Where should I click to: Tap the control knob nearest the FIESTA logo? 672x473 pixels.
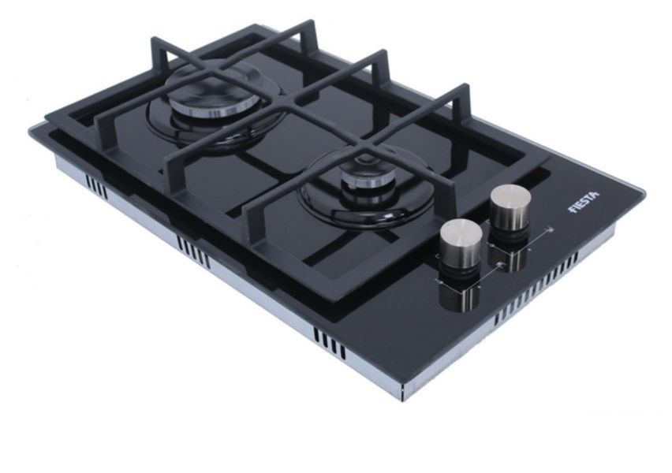pyautogui.click(x=510, y=208)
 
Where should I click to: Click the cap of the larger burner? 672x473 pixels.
pyautogui.click(x=208, y=99)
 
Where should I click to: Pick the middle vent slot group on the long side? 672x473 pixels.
pyautogui.click(x=194, y=253)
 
